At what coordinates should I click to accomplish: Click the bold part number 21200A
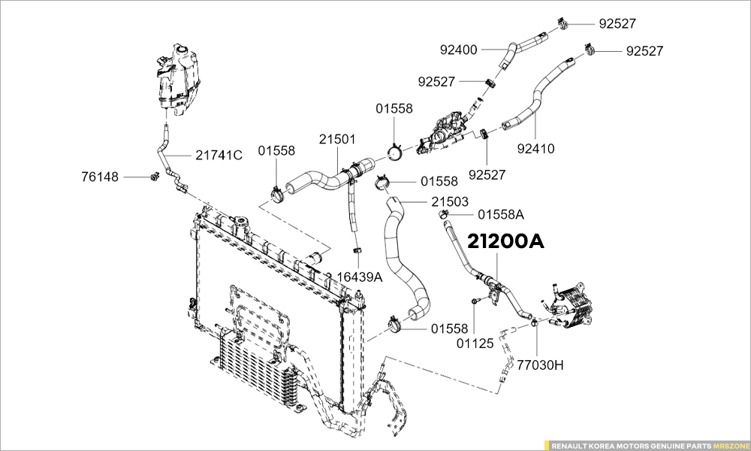click(505, 242)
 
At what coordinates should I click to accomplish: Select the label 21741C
click(219, 156)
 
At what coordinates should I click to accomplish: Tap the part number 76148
click(101, 177)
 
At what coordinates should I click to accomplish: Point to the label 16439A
click(359, 277)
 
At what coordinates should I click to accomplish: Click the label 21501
click(337, 140)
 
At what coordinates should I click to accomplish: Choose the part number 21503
click(450, 201)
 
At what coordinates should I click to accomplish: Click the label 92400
click(458, 50)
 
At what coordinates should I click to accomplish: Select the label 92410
click(535, 148)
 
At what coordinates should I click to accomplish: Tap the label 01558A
click(500, 214)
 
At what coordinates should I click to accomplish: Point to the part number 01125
click(475, 344)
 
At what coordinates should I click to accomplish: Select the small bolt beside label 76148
click(153, 177)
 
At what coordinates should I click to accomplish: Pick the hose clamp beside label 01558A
click(443, 216)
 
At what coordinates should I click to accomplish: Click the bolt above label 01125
click(475, 301)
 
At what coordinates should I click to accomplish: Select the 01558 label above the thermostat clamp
click(394, 109)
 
